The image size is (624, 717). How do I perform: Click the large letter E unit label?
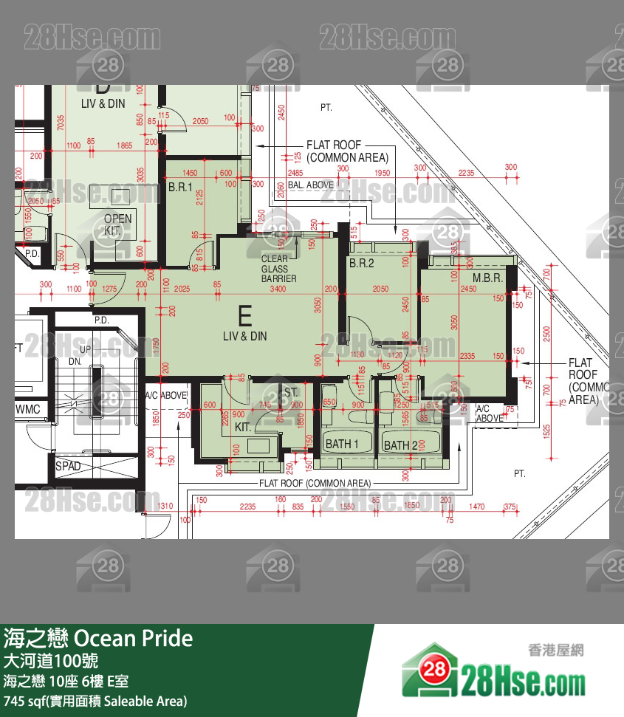coord(245,316)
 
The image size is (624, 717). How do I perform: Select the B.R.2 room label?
coord(362,263)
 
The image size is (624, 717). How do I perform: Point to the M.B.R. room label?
coord(487,278)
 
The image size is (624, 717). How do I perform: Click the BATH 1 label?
coord(342,444)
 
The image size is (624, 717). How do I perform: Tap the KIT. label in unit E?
coord(244,427)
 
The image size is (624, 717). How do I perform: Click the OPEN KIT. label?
coord(117,224)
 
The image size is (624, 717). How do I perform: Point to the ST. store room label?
coord(290,392)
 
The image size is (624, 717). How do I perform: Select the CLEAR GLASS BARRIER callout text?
coord(279,269)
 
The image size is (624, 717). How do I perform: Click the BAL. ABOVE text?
coord(311,185)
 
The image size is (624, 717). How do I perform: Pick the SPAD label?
coord(69,467)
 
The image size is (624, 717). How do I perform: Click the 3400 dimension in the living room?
coord(278,289)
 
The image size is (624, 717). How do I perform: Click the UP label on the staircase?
coord(86,349)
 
